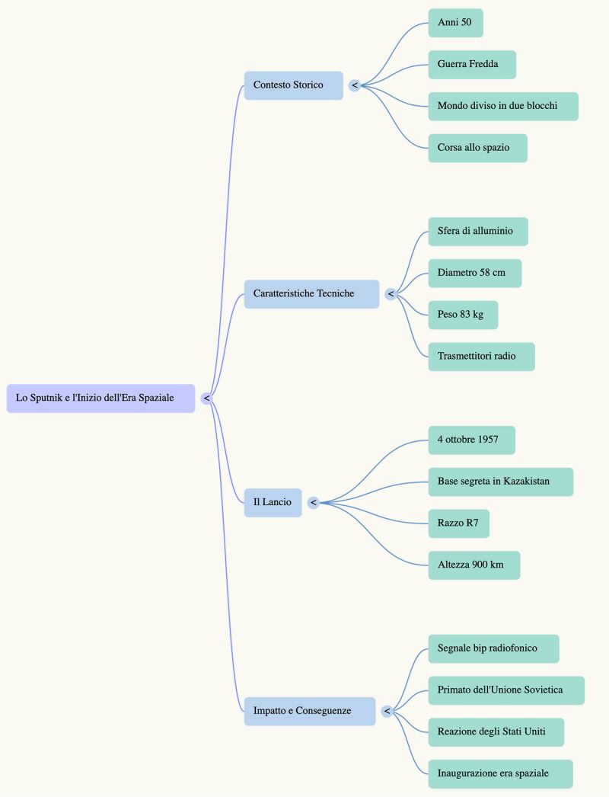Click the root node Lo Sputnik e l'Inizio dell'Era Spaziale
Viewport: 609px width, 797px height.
100,398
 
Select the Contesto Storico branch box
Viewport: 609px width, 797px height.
294,85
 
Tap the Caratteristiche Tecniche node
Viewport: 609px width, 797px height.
312,294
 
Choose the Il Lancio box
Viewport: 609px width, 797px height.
273,503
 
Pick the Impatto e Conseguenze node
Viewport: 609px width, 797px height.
310,711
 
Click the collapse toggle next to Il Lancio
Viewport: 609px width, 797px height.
314,503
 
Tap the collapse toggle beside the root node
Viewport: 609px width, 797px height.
206,398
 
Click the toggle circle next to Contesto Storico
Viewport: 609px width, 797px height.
355,85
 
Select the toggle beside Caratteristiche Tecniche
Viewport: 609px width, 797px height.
391,294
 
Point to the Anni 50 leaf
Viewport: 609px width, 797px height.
455,23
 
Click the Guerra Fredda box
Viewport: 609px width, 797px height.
472,65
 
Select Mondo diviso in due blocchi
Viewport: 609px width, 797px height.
503,106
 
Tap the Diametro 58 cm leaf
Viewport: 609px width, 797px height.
475,274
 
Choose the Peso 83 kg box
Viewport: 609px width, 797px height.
464,315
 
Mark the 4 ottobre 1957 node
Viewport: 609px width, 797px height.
471,440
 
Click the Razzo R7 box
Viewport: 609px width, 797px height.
459,523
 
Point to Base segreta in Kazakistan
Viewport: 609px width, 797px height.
501,482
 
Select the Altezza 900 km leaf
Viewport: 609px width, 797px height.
474,565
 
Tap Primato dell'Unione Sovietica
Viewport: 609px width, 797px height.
506,690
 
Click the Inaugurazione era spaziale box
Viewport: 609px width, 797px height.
500,773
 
